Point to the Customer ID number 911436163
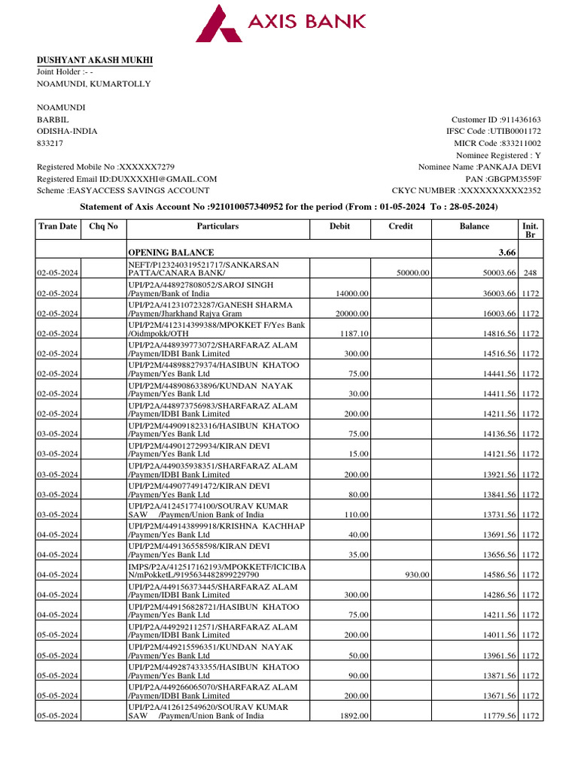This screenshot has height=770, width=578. (521, 120)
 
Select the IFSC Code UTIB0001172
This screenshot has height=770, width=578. (513, 131)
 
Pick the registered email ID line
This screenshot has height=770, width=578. (126, 179)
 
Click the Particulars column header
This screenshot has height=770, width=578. (218, 226)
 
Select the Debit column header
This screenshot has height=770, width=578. (339, 226)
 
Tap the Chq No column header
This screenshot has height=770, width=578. (103, 226)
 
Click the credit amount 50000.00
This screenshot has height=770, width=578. (413, 273)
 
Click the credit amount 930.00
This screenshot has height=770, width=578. (418, 574)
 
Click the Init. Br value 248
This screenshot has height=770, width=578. (531, 273)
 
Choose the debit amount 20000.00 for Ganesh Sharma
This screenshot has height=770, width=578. (350, 314)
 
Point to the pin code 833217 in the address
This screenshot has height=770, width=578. (50, 143)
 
